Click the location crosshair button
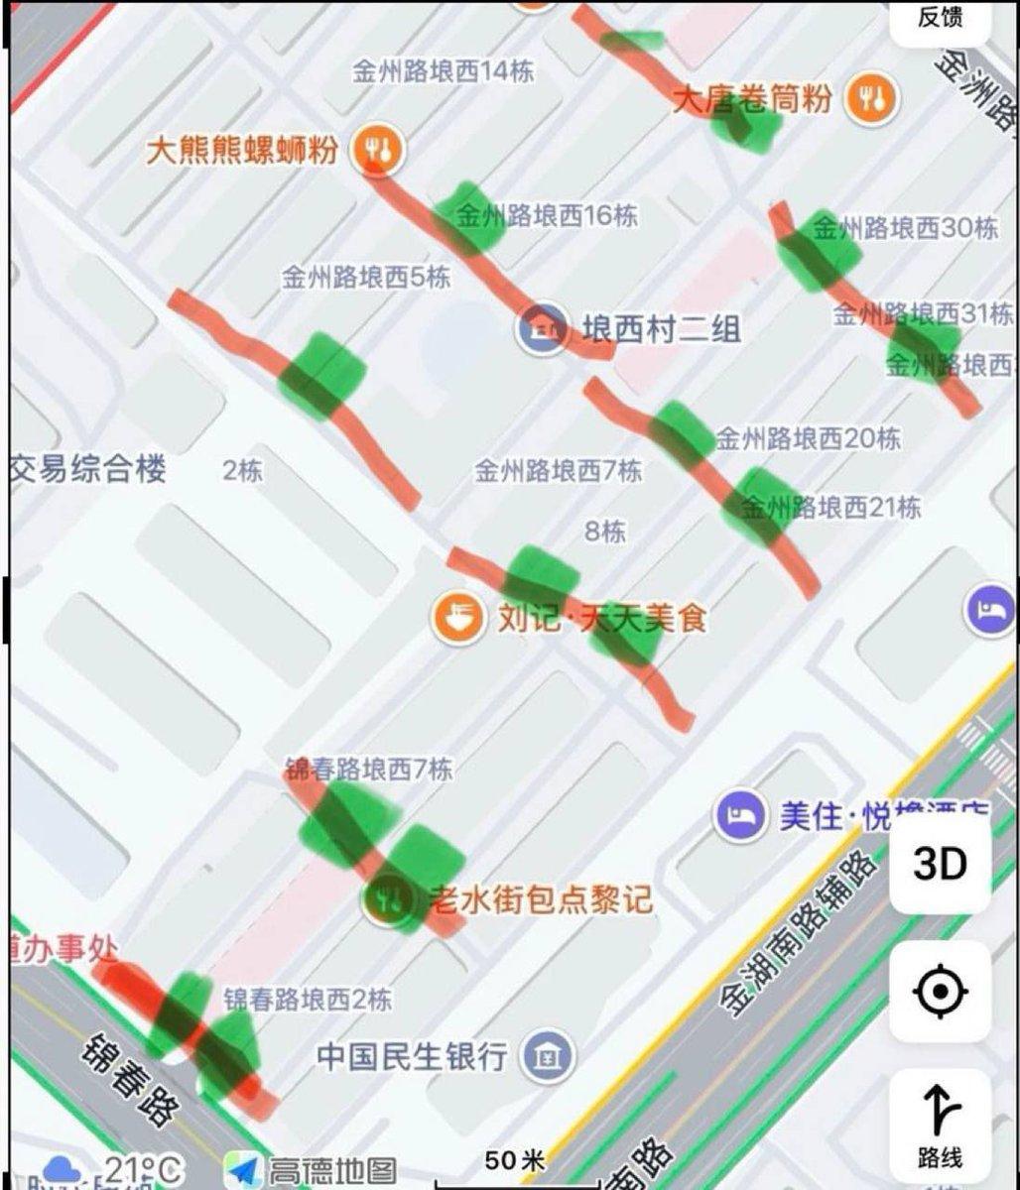click(x=940, y=991)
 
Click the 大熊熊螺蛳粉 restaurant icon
click(x=380, y=150)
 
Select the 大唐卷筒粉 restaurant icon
click(x=871, y=98)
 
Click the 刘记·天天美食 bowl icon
click(x=455, y=618)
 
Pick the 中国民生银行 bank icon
click(x=549, y=1055)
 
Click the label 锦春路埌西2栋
click(x=307, y=999)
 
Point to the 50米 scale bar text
click(x=516, y=1159)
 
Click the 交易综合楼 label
click(x=89, y=469)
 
